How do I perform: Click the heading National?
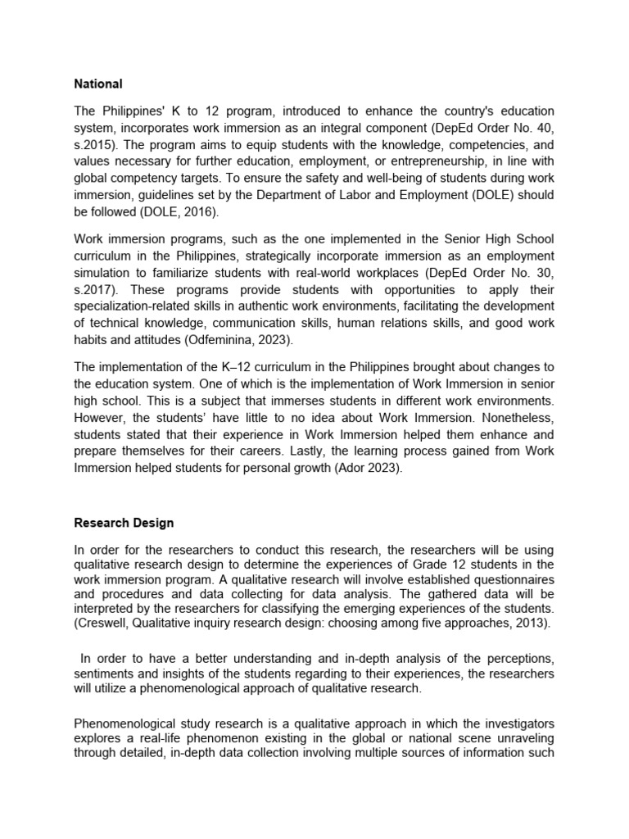(x=98, y=84)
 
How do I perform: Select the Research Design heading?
(x=124, y=522)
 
